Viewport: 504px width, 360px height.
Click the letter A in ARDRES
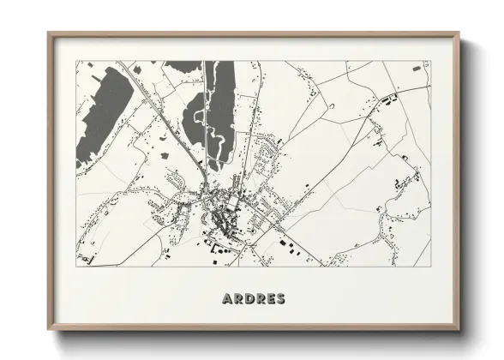pos(227,299)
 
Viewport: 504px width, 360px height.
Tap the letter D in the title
pos(249,299)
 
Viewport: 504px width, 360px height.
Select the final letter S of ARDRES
pos(280,299)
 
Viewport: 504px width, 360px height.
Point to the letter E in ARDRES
pos(270,299)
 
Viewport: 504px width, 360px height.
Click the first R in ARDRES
pos(237,299)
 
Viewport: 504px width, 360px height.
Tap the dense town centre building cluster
pos(222,207)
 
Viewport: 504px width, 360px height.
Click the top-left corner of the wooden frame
pos(49,34)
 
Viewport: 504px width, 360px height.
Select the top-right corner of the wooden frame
pos(461,34)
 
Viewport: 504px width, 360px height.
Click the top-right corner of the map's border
pos(430,61)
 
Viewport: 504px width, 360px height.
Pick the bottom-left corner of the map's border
pos(76,266)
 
